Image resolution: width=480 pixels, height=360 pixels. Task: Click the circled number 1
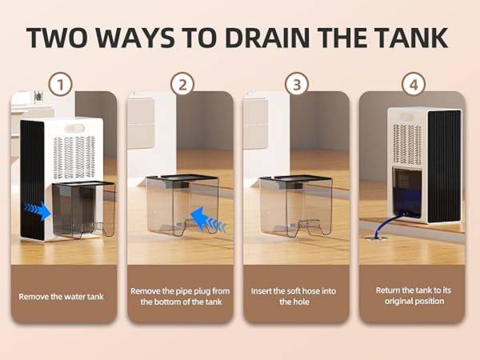(x=60, y=84)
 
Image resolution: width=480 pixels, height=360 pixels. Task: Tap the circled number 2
(x=182, y=84)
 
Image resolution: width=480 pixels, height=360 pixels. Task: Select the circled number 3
(x=297, y=84)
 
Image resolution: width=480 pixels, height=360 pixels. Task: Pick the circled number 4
(x=414, y=84)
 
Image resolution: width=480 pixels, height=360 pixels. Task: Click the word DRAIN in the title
(x=267, y=38)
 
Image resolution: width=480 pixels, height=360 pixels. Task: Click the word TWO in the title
(x=60, y=38)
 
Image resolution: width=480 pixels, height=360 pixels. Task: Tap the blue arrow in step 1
(x=38, y=210)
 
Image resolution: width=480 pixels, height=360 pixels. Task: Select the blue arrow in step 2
(x=208, y=219)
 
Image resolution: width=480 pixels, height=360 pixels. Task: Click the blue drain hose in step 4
(x=385, y=226)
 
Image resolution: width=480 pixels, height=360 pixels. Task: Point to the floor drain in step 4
(x=376, y=238)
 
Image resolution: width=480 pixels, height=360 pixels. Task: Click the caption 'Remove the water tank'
(x=62, y=297)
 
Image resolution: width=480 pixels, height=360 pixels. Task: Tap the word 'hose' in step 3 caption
(x=311, y=291)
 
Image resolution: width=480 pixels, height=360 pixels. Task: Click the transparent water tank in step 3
(x=296, y=206)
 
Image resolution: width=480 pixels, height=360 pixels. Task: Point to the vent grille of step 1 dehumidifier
(x=74, y=158)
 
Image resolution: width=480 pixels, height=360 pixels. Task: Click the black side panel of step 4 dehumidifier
(x=444, y=166)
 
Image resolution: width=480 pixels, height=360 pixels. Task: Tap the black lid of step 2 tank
(x=182, y=177)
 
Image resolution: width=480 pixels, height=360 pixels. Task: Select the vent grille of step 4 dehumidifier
(x=407, y=145)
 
